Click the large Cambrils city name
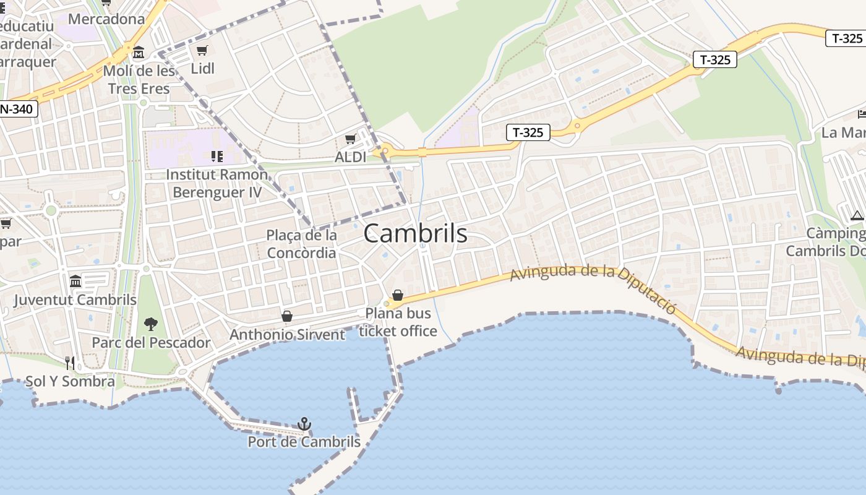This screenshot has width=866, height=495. tap(415, 234)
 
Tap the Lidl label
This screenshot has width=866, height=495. tap(202, 68)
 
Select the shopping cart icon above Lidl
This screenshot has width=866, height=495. tap(202, 50)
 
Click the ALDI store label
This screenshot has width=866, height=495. tap(350, 157)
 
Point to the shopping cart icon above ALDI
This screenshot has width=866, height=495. tap(350, 139)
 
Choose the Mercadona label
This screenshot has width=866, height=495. tap(106, 19)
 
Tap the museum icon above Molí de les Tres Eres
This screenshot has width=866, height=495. tap(138, 52)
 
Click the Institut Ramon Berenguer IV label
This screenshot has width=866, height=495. tap(216, 183)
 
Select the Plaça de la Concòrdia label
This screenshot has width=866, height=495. tap(302, 244)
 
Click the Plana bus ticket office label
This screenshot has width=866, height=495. tap(398, 322)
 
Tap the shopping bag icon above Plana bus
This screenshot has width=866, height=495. tap(398, 296)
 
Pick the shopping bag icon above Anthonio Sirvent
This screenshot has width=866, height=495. tap(287, 316)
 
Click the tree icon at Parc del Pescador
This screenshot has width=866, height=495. tap(150, 324)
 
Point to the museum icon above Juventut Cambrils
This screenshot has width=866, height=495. tap(75, 282)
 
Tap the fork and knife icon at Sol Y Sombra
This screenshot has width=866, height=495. tap(70, 363)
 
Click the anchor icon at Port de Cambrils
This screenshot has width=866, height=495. tap(304, 424)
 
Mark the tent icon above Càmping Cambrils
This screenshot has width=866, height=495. tap(857, 215)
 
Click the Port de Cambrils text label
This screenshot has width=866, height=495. tap(304, 442)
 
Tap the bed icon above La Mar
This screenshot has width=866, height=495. tap(862, 114)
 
